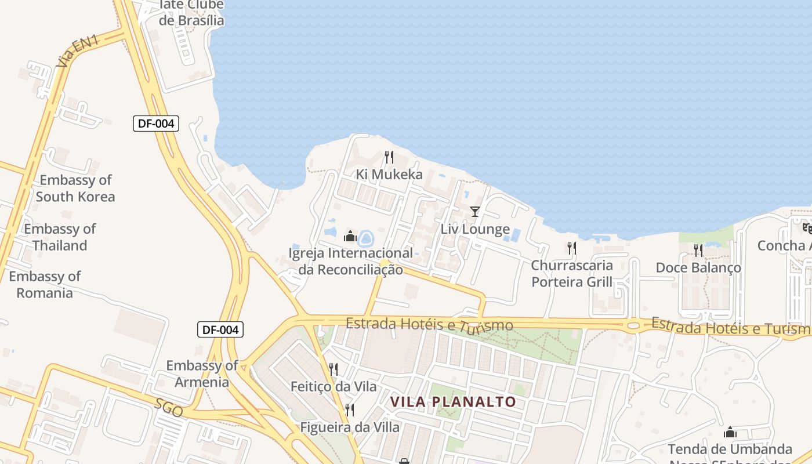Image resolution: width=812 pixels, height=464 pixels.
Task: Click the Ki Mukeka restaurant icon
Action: tap(389, 157)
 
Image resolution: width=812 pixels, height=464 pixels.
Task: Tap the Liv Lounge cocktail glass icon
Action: tap(475, 212)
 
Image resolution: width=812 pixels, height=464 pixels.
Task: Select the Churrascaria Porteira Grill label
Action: tap(572, 274)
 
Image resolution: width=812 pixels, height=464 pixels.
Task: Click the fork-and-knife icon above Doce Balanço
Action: tap(698, 251)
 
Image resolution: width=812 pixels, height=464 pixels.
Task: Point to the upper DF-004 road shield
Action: tap(155, 123)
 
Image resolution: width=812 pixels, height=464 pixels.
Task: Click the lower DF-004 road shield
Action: tap(220, 329)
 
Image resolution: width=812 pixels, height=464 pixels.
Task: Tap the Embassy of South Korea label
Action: tap(75, 188)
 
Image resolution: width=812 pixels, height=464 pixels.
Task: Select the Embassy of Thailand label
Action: tap(60, 237)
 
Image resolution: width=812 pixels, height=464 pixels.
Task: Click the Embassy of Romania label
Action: tap(45, 284)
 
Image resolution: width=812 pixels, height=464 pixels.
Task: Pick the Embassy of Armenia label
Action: tap(202, 374)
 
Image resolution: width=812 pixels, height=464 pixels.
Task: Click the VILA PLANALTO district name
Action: tap(453, 402)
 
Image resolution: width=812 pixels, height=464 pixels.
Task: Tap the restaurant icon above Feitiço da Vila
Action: tap(333, 369)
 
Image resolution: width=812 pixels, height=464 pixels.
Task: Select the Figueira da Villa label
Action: tap(350, 427)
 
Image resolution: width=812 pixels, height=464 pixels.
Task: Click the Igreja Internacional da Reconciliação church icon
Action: tap(350, 236)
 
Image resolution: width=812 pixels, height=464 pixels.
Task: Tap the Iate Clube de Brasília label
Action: tap(191, 13)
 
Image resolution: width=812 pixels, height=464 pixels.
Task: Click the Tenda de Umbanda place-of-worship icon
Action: tap(730, 433)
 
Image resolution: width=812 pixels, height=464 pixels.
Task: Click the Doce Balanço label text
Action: tap(698, 267)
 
